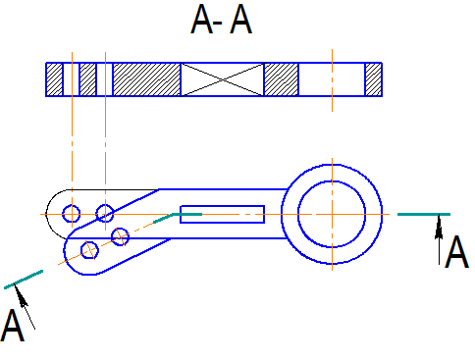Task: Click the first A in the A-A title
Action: [x=201, y=19]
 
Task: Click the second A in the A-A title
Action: [x=241, y=19]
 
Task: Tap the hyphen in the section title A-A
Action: [x=217, y=24]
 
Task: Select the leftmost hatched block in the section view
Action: [x=54, y=79]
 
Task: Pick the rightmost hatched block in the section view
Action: [x=373, y=79]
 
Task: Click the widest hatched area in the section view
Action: [x=147, y=79]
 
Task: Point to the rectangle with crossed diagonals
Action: [x=223, y=79]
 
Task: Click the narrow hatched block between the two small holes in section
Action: [x=88, y=79]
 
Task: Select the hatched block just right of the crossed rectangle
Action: [x=282, y=79]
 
